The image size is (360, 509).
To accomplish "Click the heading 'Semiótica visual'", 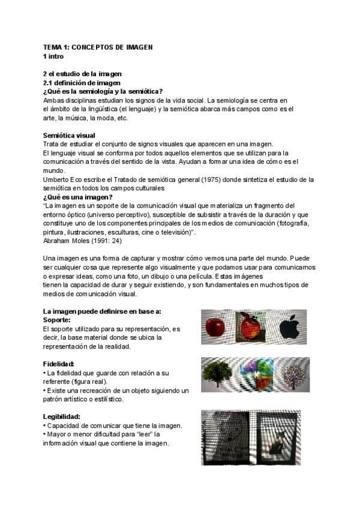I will (x=70, y=135).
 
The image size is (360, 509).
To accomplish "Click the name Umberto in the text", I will (x=58, y=179).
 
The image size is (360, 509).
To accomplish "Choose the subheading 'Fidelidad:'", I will (x=59, y=364).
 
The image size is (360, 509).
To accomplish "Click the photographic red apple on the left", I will (x=215, y=327).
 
